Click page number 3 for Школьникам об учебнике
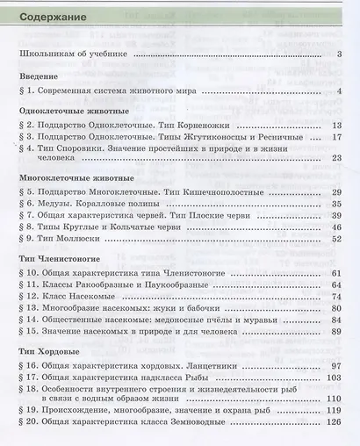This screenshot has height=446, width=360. (339, 54)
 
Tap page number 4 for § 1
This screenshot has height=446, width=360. (339, 90)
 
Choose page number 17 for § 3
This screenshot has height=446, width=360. (336, 138)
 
